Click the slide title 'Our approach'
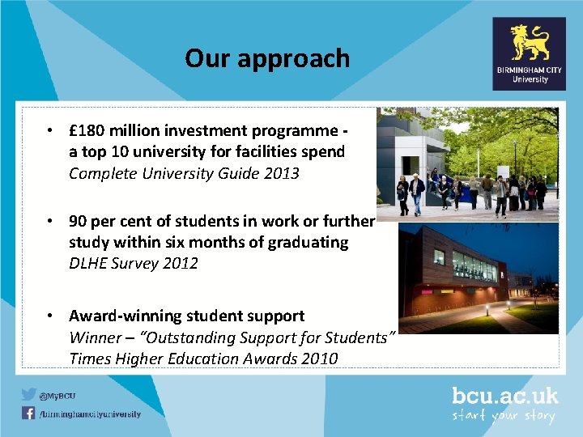(267, 58)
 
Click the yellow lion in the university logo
(530, 42)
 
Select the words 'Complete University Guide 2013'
(184, 172)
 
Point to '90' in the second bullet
(78, 221)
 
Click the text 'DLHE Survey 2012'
(134, 263)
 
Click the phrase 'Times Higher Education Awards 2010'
(203, 358)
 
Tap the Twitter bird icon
(28, 395)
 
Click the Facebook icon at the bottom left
(28, 414)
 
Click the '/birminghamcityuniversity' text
(90, 414)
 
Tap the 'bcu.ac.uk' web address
(505, 396)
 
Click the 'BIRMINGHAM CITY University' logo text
(530, 74)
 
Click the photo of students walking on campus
(468, 163)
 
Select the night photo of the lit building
(478, 278)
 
